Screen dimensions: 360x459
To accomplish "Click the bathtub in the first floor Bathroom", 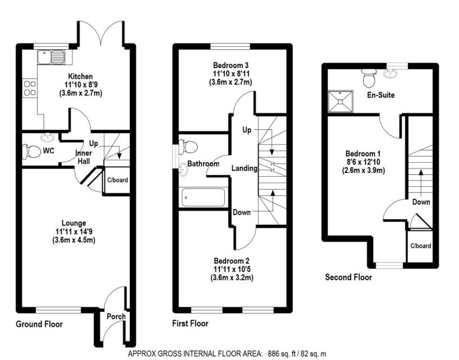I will coord(203,198).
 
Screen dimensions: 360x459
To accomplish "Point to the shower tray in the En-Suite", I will coord(342,101).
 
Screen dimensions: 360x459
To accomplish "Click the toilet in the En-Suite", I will coord(369,77).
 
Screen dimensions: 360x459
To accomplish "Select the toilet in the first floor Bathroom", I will coord(189,147).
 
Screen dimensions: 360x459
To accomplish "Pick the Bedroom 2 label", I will coord(231,261).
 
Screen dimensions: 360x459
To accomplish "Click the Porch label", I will coord(116,316).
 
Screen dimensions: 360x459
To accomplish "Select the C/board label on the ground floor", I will coord(117,181).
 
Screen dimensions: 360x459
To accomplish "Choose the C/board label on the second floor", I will coord(420,246).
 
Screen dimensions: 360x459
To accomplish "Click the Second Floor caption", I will coord(348,277).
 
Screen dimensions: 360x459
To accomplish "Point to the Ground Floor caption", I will coord(39,325).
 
